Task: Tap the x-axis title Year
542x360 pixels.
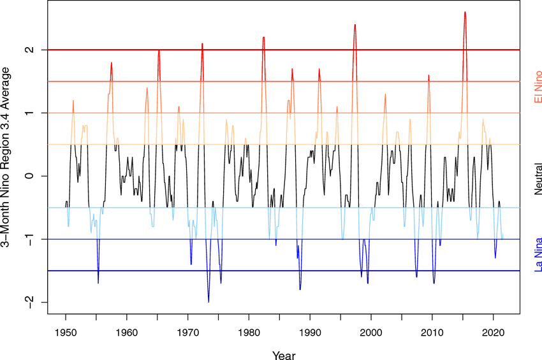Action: (283, 355)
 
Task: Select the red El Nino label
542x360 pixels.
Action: (538, 90)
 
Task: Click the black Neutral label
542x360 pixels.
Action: (538, 176)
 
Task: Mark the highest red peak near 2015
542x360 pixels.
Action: (465, 12)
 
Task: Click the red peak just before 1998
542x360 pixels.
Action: (355, 25)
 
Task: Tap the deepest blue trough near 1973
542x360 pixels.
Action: (209, 301)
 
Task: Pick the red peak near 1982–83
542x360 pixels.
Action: (263, 38)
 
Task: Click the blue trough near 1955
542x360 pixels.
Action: (98, 282)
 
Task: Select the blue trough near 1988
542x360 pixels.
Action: (300, 289)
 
